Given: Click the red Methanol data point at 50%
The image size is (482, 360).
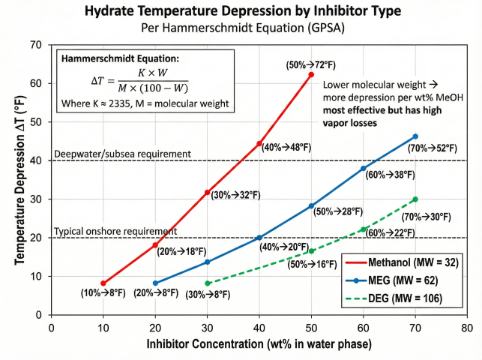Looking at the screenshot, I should pos(311,74).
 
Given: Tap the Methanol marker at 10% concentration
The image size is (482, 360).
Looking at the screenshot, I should pos(103,283).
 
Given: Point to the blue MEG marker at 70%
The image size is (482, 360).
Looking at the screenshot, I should pos(415,136).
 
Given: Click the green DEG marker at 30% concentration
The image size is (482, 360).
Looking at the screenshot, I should pos(208,283).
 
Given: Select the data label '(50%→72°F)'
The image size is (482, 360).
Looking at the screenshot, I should pos(311,65).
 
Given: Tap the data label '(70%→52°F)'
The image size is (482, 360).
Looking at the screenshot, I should pos(432,148).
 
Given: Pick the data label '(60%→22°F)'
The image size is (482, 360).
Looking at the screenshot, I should pos(389,233).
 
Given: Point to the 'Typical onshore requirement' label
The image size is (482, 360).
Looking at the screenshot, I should pos(116,232).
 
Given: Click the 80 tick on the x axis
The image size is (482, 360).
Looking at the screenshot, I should pos(467,328).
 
